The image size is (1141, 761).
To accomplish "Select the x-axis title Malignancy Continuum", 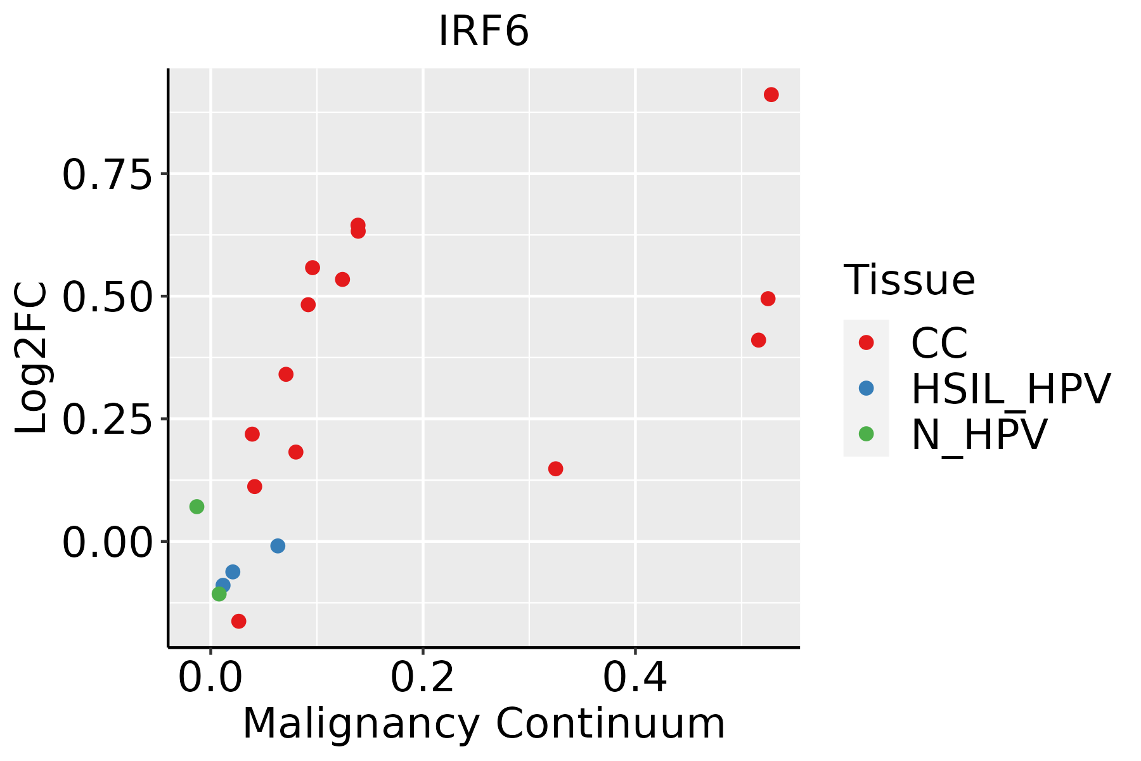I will (484, 724).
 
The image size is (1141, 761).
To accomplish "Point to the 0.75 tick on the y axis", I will (107, 174).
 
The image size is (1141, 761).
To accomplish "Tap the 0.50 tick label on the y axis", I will (107, 297).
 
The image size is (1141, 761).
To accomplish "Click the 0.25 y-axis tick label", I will (107, 419).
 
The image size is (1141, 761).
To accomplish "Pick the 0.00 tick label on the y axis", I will (107, 542).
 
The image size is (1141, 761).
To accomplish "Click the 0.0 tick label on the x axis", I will (210, 677).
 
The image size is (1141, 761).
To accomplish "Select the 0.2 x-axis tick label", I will (422, 677).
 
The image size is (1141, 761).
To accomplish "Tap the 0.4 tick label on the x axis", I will (635, 677).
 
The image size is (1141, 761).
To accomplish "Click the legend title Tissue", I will (909, 280).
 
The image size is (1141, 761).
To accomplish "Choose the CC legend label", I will (939, 343).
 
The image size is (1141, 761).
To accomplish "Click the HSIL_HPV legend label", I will (1010, 389).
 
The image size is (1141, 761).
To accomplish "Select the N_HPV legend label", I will (979, 434).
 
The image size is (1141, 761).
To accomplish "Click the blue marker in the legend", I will (866, 388).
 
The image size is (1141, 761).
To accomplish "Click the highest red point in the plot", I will (771, 94).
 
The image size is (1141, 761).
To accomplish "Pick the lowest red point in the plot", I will (238, 621).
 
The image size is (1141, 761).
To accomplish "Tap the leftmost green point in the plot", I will (197, 507).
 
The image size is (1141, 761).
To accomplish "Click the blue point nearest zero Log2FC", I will (278, 546).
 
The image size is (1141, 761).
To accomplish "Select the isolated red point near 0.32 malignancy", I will (555, 469).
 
